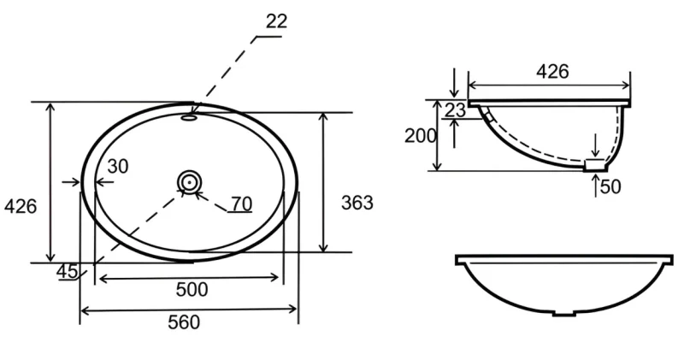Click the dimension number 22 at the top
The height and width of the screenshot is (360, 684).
coord(276,21)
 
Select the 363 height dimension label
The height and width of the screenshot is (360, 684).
coord(357,203)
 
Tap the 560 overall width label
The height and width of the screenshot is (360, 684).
coord(184,322)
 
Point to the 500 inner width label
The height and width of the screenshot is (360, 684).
coord(192,289)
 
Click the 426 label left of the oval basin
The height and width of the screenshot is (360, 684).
coord(21,206)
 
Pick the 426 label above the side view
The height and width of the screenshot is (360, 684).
coord(552,72)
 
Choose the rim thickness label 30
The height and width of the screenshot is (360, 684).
coord(118,166)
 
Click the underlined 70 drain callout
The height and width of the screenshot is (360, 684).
coord(242,204)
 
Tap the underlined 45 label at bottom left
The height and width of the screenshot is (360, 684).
coord(68,272)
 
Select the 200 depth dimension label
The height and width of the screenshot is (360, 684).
coord(420,136)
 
